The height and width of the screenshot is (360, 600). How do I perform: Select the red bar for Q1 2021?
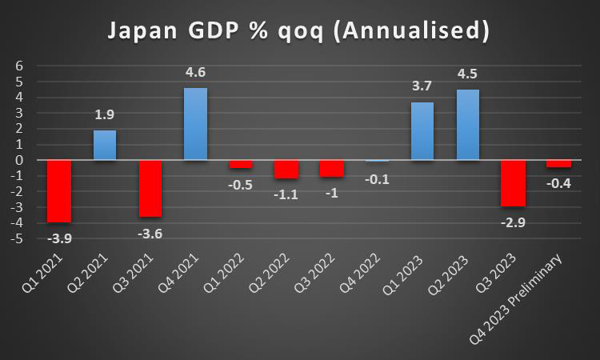tap(59, 191)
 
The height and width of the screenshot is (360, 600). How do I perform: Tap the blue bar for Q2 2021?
tap(105, 145)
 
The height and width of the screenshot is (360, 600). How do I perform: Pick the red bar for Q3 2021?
tap(150, 188)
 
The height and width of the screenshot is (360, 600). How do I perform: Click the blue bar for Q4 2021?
tap(195, 124)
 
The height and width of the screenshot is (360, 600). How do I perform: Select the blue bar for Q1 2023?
tap(422, 131)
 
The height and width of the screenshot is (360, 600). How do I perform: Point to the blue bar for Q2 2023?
tap(468, 125)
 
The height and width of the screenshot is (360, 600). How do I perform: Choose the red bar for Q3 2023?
tap(514, 183)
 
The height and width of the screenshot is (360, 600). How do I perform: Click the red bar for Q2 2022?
tap(286, 169)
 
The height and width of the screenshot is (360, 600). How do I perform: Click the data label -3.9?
tap(59, 238)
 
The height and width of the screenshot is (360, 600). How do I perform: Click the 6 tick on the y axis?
tap(20, 66)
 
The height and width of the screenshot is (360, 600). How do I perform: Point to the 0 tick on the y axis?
tap(20, 160)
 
